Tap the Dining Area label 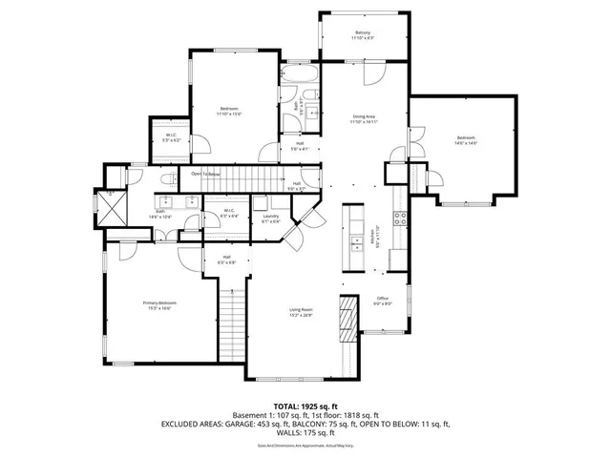click(x=364, y=116)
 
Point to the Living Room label click(x=302, y=308)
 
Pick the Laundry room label click(x=270, y=217)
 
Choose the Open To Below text click(x=206, y=174)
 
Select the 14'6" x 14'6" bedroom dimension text click(x=465, y=143)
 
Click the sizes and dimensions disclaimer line click(x=305, y=445)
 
